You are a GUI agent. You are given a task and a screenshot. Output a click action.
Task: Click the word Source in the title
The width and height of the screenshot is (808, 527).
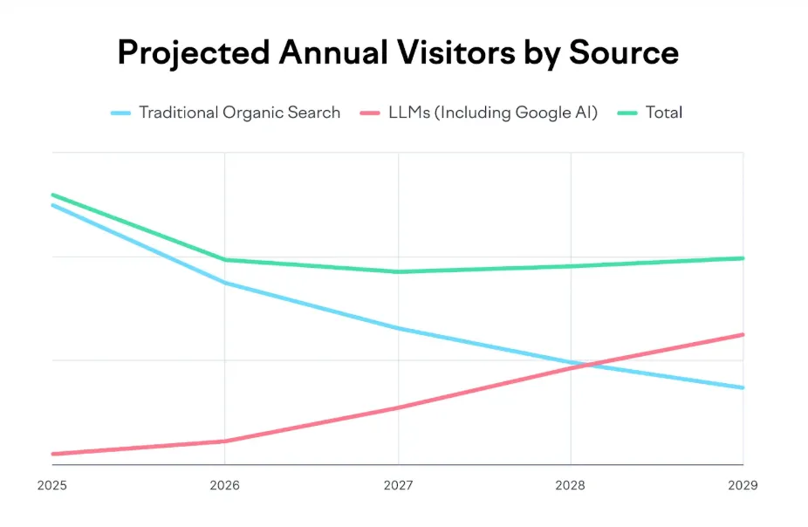pos(623,53)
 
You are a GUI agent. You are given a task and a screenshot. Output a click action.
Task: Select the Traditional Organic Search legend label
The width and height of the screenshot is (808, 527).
pos(239,113)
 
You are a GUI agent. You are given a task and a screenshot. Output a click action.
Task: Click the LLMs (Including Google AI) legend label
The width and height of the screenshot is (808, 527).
pos(493,113)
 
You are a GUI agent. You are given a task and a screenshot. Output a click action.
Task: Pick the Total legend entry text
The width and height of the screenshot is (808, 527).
pos(664,113)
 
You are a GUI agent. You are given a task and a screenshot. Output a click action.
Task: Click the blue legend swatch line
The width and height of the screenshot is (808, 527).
pos(121,113)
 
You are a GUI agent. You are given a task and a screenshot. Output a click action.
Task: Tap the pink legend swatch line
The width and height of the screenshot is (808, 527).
pos(369,113)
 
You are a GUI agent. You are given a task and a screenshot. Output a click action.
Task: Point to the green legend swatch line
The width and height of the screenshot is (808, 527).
pos(627,113)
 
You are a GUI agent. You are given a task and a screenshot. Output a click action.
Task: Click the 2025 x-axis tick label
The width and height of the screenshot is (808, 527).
pos(52,485)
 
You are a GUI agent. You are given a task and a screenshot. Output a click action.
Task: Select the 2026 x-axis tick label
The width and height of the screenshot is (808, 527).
pos(225,485)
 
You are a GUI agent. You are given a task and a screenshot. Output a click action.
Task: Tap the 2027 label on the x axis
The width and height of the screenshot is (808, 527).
pos(398,485)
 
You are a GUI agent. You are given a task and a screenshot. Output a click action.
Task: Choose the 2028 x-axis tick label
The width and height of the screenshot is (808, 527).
pos(571,485)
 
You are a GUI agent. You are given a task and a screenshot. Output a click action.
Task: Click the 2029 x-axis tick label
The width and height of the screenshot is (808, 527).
pos(743,485)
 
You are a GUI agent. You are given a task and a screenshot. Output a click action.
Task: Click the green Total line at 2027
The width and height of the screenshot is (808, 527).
pos(398,271)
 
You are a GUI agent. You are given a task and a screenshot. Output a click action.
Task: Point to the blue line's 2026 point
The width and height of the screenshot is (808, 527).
pos(225,283)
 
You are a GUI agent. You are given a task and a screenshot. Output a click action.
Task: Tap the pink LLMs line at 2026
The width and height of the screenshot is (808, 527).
pos(225,441)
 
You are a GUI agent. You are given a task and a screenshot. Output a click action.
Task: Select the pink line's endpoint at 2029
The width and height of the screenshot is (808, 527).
pos(743,334)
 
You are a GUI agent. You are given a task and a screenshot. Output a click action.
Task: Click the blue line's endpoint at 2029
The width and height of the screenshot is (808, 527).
pos(743,387)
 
